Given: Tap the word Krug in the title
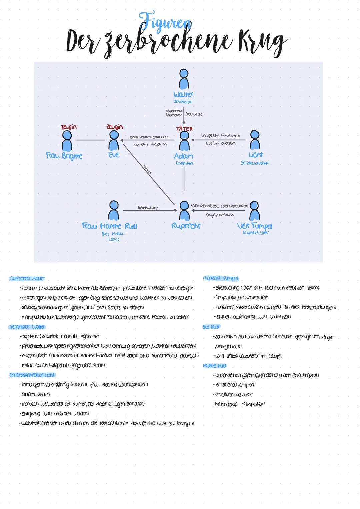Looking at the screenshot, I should [257, 42].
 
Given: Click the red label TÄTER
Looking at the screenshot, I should [184, 129].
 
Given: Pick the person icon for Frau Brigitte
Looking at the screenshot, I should [68, 141].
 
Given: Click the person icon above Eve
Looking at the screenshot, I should [114, 140].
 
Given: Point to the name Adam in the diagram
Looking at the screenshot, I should [183, 156].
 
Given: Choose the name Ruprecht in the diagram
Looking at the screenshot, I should [186, 226].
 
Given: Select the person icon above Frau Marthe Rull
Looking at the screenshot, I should [114, 210].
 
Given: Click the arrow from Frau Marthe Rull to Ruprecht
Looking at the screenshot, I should [150, 211].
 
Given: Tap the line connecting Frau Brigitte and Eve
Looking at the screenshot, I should [90, 140].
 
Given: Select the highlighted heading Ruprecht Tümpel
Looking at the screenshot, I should [221, 278].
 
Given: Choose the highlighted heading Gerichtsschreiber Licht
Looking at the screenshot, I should [32, 375].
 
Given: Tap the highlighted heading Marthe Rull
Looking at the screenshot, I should [214, 366].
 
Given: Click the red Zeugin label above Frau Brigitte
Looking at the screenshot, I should [68, 127].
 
